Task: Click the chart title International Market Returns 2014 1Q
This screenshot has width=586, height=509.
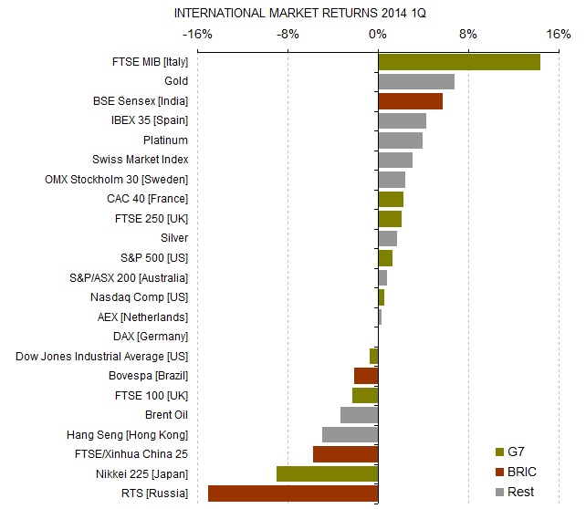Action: pos(299,14)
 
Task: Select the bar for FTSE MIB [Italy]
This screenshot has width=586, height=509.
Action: pos(459,62)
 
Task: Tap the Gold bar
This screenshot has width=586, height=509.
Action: pos(416,81)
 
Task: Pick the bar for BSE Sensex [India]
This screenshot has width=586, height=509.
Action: pos(410,101)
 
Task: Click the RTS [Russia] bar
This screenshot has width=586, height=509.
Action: pos(293,493)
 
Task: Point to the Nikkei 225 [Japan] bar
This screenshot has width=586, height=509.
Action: pos(327,473)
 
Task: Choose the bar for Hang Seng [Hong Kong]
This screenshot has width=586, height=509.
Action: pos(350,434)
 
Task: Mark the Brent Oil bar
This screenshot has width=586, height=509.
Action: pos(359,415)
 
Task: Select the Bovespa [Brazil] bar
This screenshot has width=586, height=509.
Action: pos(366,376)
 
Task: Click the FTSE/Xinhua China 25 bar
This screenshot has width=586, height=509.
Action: pos(345,454)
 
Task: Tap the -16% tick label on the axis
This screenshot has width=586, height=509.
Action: pos(196,35)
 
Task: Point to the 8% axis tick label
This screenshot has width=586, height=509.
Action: pos(467,35)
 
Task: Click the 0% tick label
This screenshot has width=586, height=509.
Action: pos(378,35)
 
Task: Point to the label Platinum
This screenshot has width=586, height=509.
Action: pos(165,140)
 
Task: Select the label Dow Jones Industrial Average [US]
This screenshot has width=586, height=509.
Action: pos(102,357)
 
